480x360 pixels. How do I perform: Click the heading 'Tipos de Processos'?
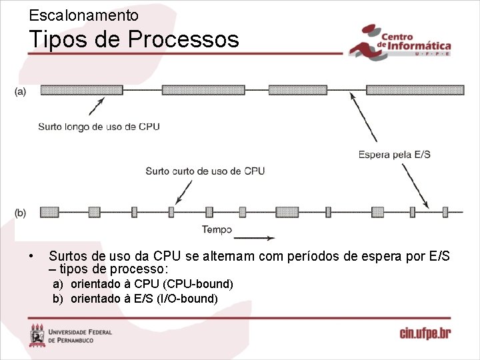(133, 39)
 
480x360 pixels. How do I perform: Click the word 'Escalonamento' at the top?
(84, 15)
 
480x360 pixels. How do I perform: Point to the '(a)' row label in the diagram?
(21, 91)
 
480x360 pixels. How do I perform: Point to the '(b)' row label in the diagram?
(21, 213)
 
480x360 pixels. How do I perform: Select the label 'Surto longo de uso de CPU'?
(99, 127)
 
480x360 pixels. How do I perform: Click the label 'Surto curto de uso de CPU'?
(205, 171)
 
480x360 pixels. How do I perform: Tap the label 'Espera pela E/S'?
(395, 155)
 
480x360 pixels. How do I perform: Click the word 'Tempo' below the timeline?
(217, 230)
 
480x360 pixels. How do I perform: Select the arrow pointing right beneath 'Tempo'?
(253, 237)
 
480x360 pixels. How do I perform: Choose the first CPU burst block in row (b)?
(49, 212)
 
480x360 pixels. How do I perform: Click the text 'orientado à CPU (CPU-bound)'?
(151, 284)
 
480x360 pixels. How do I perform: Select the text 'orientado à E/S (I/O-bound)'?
(144, 298)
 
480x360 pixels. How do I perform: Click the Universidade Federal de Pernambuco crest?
(38, 335)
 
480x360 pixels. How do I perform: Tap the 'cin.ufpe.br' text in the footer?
(425, 333)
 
